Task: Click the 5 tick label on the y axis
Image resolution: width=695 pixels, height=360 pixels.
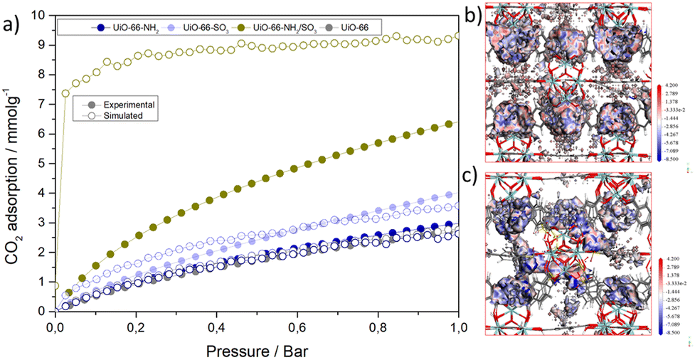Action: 44,164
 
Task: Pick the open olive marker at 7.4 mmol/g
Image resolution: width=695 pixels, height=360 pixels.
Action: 65,92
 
